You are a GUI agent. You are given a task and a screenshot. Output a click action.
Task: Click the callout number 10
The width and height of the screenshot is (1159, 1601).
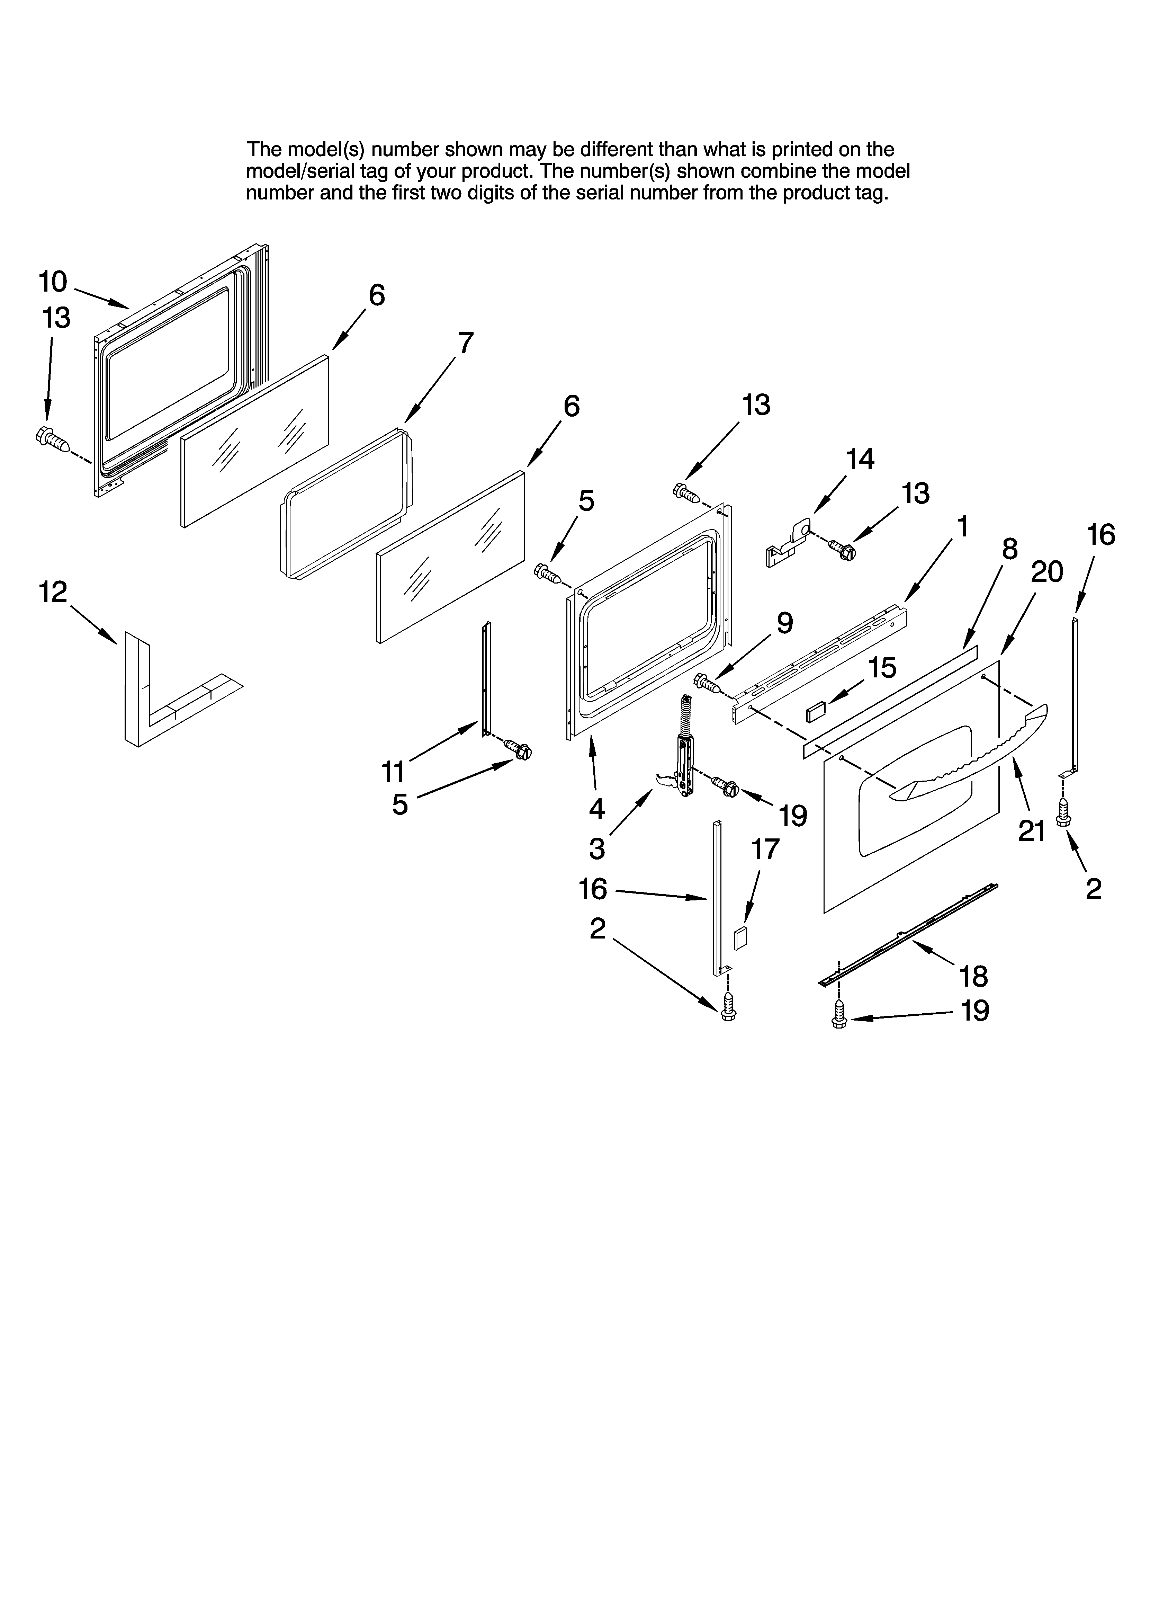(53, 282)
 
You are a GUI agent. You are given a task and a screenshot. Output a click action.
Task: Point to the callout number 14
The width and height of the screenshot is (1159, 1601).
(860, 459)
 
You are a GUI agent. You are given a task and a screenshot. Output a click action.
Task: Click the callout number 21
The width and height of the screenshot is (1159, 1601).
(1031, 831)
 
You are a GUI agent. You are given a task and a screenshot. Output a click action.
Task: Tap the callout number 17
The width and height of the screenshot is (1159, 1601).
(765, 849)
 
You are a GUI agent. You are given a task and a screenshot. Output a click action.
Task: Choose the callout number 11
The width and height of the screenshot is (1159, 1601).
(393, 772)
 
